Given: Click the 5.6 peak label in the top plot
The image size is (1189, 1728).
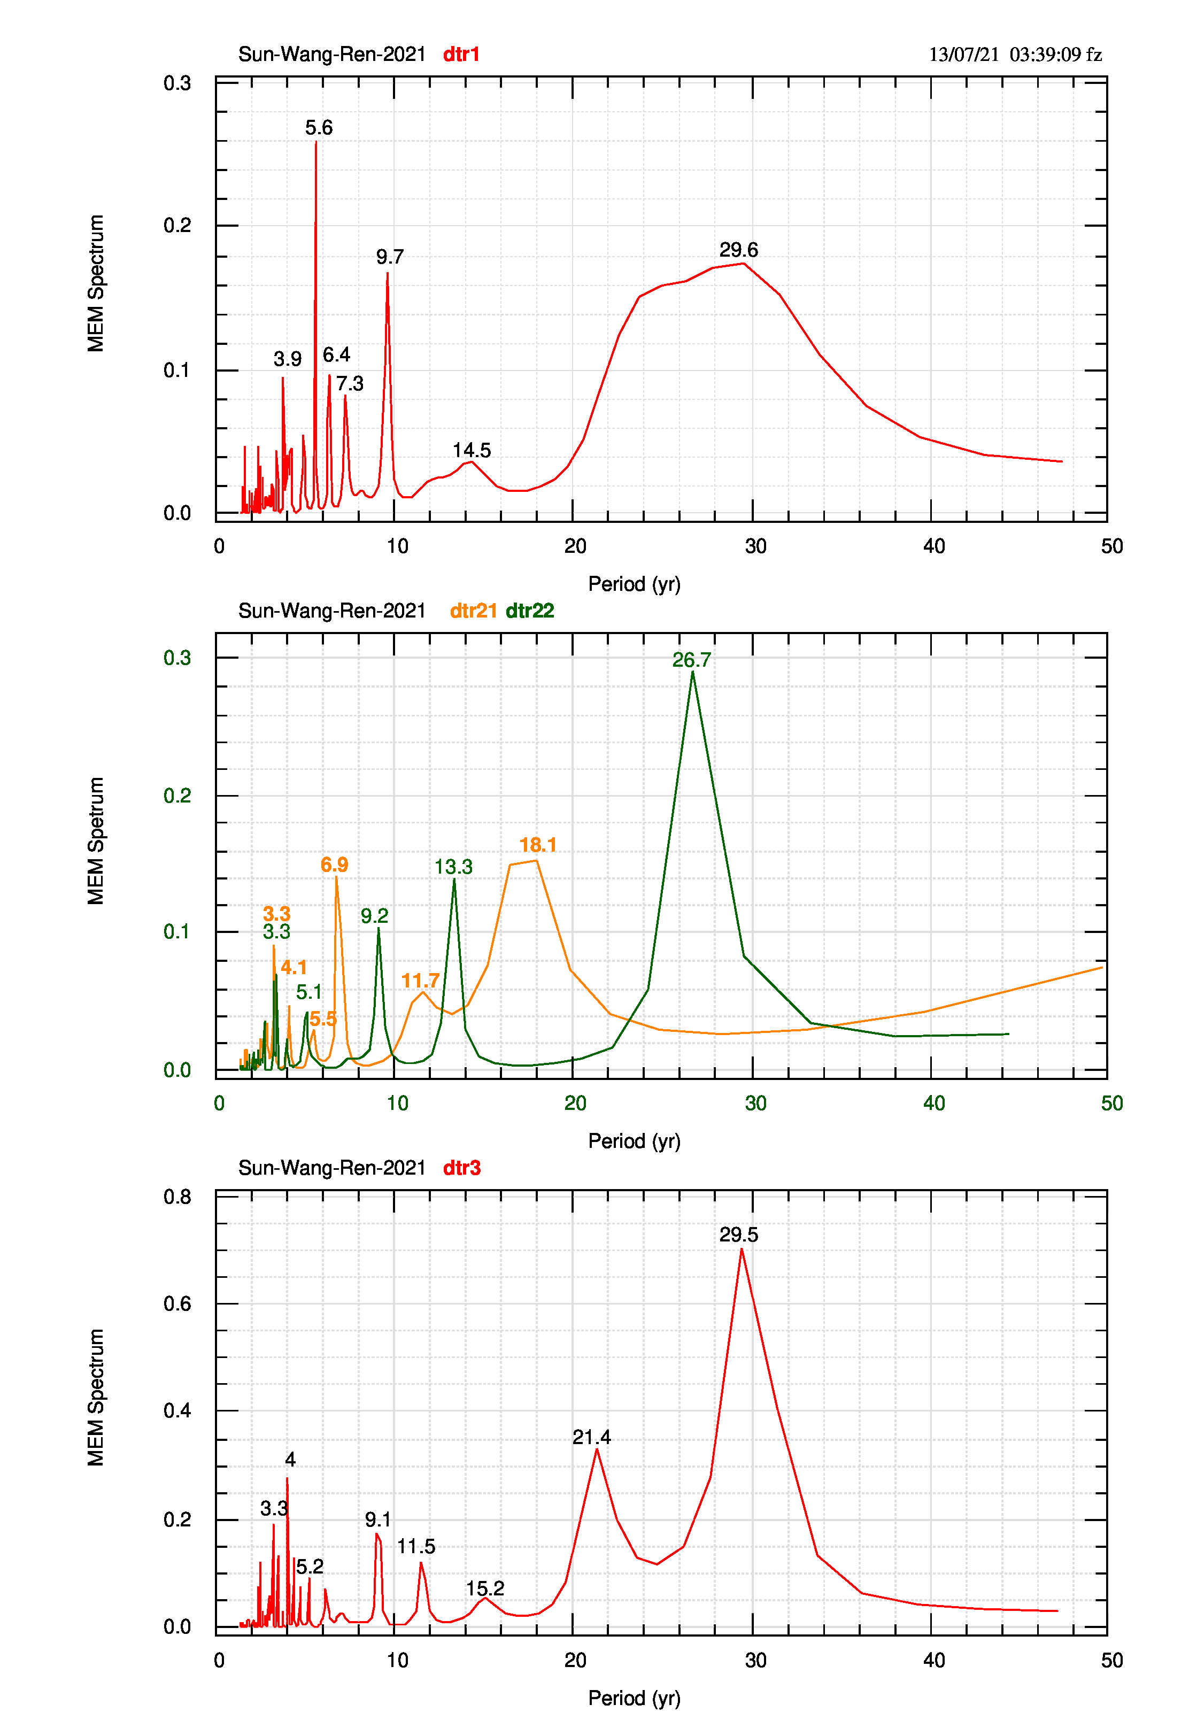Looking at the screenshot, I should [319, 128].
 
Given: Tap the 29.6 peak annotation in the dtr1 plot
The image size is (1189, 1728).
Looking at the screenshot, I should [738, 250].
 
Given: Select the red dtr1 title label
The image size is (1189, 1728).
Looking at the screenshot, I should [461, 55].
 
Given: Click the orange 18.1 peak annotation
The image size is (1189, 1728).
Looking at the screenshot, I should [538, 845].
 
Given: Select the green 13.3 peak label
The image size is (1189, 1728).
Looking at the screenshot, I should [454, 867].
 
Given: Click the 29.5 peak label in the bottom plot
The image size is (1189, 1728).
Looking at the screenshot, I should [738, 1235].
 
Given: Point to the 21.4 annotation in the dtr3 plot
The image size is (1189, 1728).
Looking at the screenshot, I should [591, 1438].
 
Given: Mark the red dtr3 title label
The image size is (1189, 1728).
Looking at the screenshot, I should [462, 1168].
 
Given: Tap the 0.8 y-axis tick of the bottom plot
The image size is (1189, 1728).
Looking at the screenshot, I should [177, 1197].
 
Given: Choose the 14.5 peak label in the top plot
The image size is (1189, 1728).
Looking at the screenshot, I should [472, 451].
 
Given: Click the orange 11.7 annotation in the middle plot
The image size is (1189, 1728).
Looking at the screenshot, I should [420, 981].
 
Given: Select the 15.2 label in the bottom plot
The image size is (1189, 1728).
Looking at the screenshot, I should [485, 1588].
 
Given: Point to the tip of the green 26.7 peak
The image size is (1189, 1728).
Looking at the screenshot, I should [693, 672].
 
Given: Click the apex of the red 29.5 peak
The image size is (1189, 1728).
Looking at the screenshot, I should [742, 1248].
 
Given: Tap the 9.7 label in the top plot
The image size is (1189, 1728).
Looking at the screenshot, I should [390, 257].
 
